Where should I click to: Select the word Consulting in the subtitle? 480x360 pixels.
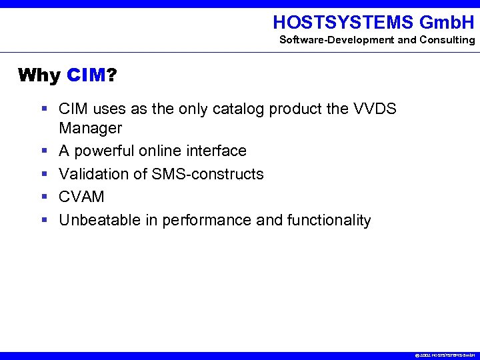[x=447, y=40]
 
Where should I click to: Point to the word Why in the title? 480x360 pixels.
[x=39, y=75]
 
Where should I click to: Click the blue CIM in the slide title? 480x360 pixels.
[x=86, y=75]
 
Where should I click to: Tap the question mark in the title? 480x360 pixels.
[x=111, y=75]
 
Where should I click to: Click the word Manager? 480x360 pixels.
[x=91, y=127]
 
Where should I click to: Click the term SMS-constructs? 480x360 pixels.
[x=208, y=174]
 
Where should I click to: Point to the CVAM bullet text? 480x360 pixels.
[x=82, y=197]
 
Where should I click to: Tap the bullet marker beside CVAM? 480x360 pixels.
[x=43, y=197]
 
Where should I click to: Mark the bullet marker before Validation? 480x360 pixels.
[x=43, y=174]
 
